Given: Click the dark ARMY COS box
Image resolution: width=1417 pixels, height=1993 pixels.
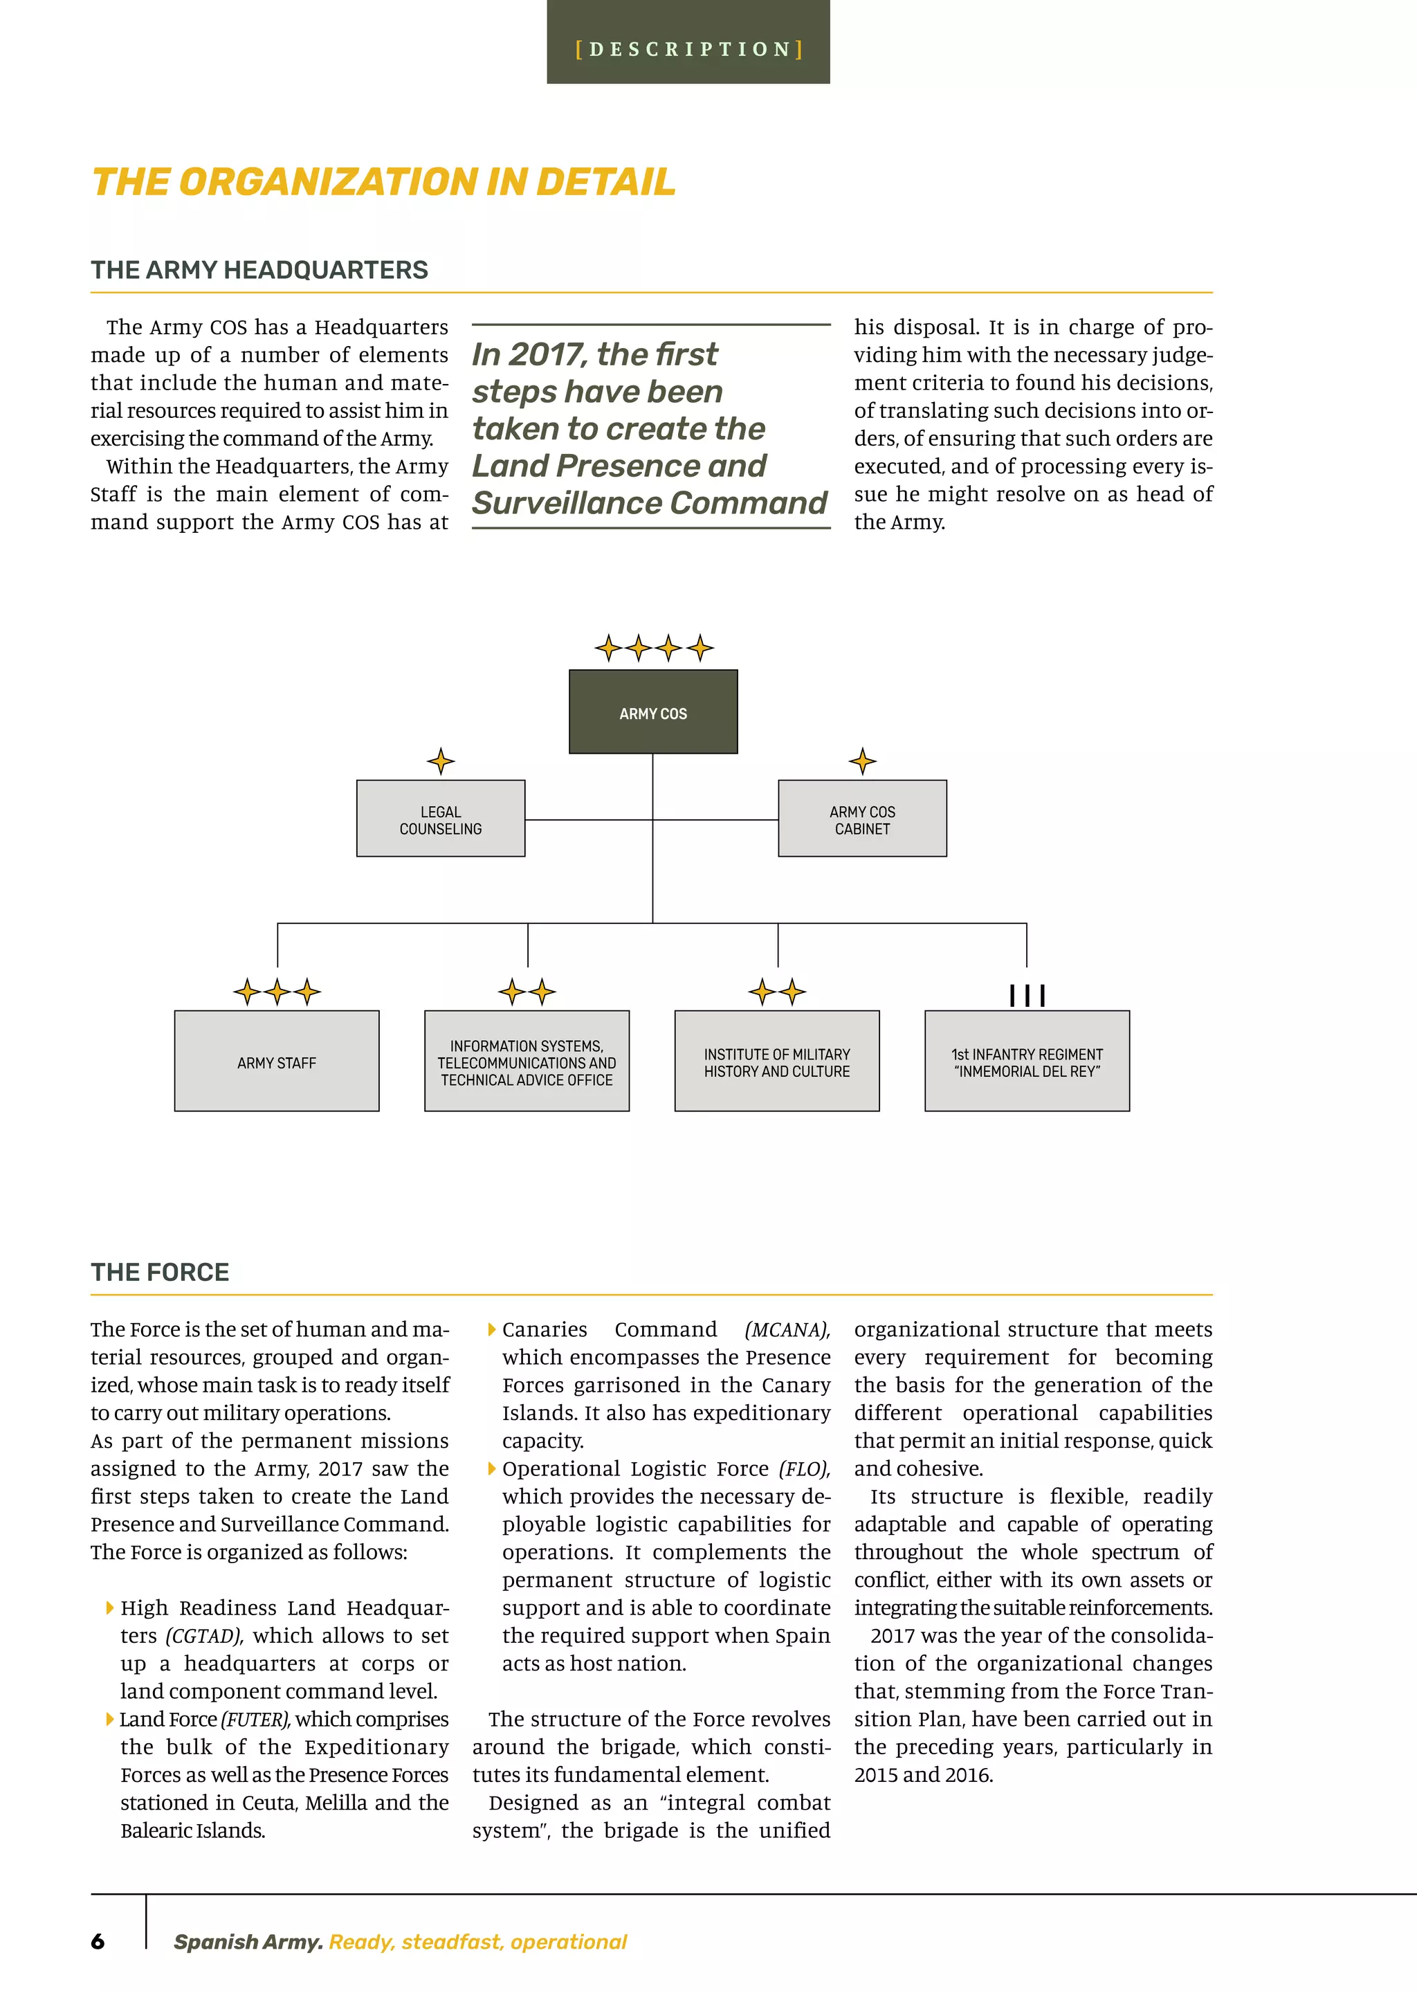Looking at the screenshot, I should (x=652, y=711).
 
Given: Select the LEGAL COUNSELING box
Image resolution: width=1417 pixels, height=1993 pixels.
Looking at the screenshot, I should (x=441, y=819).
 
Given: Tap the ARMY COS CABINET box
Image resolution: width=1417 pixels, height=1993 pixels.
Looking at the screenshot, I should (x=862, y=819).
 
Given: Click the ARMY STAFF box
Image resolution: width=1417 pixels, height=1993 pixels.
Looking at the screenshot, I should (x=277, y=1061).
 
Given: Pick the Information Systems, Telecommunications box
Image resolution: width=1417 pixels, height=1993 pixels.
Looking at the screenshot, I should (x=527, y=1061).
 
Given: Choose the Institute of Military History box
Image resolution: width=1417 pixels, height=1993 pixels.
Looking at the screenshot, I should (x=776, y=1061).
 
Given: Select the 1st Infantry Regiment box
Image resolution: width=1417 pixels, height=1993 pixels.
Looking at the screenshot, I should (x=1027, y=1061).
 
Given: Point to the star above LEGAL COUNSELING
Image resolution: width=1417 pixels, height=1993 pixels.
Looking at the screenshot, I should (x=441, y=761).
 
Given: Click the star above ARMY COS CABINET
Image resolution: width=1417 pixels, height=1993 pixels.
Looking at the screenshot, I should (x=862, y=761).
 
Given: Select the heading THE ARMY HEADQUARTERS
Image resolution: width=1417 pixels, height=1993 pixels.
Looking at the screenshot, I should (x=259, y=270).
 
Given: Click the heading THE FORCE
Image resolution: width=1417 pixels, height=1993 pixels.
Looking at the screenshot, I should (x=160, y=1272).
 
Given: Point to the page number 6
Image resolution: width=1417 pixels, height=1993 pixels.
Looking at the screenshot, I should (x=98, y=1942).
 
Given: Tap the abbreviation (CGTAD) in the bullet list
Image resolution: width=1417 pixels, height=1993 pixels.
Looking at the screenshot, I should (x=203, y=1635).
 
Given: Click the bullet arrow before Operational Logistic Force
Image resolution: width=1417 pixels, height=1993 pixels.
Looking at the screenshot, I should (x=492, y=1468).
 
